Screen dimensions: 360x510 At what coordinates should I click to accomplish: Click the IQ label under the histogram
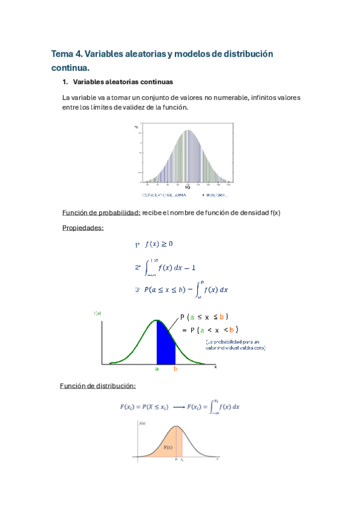point(188,187)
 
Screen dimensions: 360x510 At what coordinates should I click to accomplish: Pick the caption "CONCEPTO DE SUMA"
point(159,195)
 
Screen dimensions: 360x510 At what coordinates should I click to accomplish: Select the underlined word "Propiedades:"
point(83,228)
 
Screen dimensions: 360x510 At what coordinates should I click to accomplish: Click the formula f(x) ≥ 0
point(159,244)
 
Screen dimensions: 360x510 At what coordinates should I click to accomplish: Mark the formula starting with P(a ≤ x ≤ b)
point(186,289)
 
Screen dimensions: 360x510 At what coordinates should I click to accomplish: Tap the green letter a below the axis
point(157,369)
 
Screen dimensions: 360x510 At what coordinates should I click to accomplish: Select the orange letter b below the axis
point(175,369)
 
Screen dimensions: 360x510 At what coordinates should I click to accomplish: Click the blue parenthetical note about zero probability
point(231,344)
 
